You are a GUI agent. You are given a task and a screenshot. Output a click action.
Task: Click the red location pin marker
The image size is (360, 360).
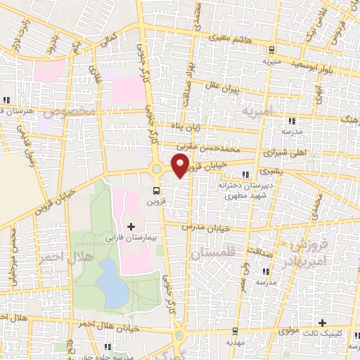pos(181,165)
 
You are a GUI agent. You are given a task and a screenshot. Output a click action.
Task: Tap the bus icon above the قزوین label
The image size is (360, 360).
pos(156,190)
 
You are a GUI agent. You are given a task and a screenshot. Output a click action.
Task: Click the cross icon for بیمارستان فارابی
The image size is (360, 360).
pos(131,226)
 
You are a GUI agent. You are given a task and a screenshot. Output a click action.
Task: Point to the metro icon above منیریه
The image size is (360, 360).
pos(271,49)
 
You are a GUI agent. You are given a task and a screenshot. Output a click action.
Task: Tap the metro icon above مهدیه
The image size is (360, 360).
pos(234,330)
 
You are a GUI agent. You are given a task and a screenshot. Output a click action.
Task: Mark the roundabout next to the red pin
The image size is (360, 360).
pos(156,169)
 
